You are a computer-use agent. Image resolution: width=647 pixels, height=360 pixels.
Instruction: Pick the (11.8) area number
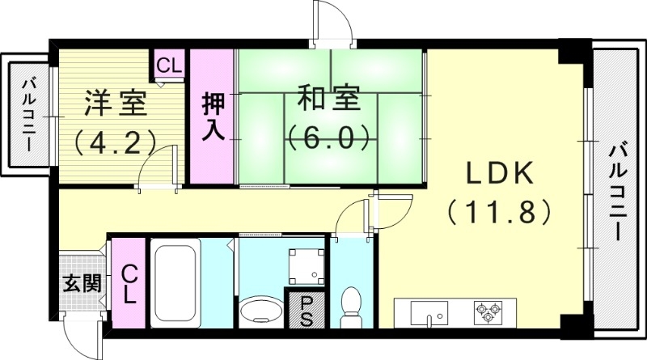[498, 213]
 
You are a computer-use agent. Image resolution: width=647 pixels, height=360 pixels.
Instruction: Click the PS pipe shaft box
[306, 308]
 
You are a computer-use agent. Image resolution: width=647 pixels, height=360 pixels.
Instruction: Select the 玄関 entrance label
[82, 284]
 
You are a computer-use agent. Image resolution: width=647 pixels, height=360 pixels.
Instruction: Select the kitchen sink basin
[429, 311]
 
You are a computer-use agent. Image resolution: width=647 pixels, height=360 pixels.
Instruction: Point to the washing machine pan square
[305, 262]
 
